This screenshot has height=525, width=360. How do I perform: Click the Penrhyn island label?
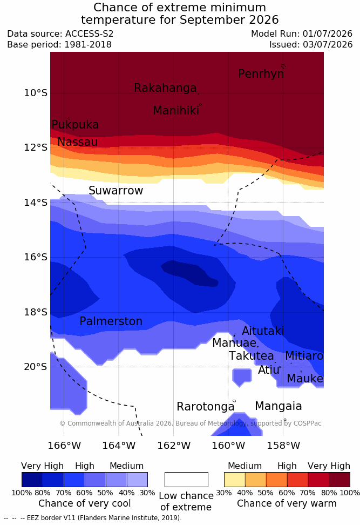(x=261, y=74)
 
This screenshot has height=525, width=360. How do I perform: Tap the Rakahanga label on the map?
(x=165, y=88)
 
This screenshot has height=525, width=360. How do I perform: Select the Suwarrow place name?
(x=116, y=191)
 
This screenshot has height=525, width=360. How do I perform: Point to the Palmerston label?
(x=111, y=321)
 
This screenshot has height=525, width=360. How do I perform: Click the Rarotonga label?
(x=206, y=407)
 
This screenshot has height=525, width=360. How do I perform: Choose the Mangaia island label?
(x=279, y=406)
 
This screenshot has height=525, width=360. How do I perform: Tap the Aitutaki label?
(x=263, y=331)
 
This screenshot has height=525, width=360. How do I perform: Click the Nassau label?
(x=78, y=142)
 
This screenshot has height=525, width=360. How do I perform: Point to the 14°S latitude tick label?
(x=36, y=203)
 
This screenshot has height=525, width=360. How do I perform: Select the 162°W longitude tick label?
(x=174, y=446)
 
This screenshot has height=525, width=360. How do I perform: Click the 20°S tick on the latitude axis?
(x=36, y=367)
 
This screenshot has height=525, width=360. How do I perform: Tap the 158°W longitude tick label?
(x=283, y=446)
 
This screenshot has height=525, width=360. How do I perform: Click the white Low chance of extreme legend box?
(x=186, y=480)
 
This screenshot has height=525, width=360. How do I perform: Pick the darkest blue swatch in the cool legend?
(x=32, y=480)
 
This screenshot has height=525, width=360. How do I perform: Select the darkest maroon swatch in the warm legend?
(x=339, y=480)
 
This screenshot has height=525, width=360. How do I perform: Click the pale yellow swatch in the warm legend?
(x=235, y=480)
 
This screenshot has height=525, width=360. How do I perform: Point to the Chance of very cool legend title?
(x=84, y=503)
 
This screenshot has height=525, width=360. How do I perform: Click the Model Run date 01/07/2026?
(x=328, y=34)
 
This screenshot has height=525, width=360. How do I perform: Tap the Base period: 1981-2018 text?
(x=59, y=44)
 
